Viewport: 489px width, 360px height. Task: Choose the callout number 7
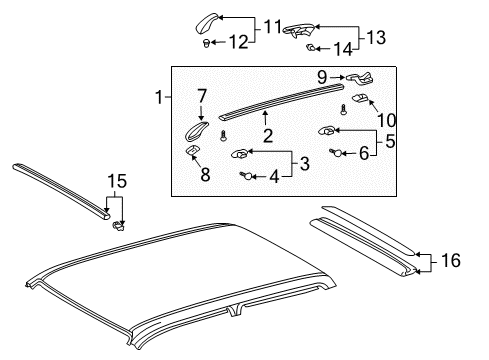pos(201,96)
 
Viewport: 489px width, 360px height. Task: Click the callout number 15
pos(118,181)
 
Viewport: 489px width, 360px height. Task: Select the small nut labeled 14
pos(311,48)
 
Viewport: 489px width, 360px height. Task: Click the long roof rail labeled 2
pos(270,101)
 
